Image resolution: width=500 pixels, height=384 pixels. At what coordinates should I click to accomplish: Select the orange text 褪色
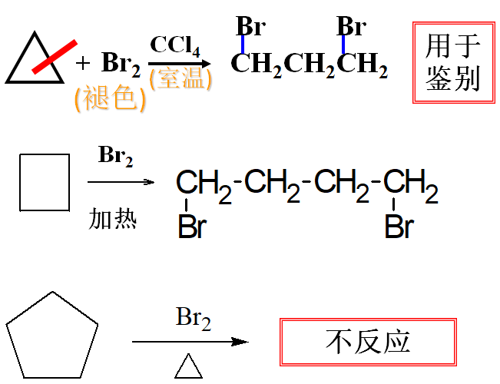(110, 98)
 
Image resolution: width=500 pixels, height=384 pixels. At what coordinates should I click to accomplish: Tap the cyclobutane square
(44, 182)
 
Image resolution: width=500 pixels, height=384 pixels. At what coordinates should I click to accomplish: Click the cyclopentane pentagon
(52, 336)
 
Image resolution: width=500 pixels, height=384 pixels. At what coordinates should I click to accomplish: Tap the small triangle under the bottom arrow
(188, 367)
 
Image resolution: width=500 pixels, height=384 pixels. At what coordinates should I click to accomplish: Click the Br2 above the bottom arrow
(193, 317)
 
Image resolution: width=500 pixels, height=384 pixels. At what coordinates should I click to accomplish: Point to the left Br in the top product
(250, 27)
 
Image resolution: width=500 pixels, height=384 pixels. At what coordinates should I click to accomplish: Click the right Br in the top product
(351, 27)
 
